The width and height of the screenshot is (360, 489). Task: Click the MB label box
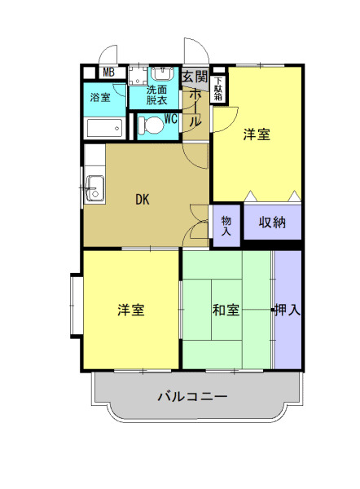pyautogui.click(x=108, y=72)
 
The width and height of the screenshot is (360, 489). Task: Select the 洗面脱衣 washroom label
pyautogui.click(x=157, y=95)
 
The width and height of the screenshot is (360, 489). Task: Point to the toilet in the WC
pyautogui.click(x=149, y=126)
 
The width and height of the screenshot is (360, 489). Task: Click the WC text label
pyautogui.click(x=171, y=117)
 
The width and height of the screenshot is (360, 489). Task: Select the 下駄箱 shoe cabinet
pyautogui.click(x=218, y=89)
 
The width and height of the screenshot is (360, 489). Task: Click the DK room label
pyautogui.click(x=142, y=198)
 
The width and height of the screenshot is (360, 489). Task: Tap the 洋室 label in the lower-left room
pyautogui.click(x=131, y=310)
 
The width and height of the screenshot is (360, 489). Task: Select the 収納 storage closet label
pyautogui.click(x=272, y=222)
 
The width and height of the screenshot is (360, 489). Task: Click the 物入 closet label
pyautogui.click(x=226, y=226)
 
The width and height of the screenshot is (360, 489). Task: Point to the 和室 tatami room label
pyautogui.click(x=226, y=310)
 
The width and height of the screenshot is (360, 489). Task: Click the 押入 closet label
pyautogui.click(x=288, y=310)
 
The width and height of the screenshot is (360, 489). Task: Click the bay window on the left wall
pyautogui.click(x=76, y=306)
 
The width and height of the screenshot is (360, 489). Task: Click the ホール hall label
pyautogui.click(x=196, y=107)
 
